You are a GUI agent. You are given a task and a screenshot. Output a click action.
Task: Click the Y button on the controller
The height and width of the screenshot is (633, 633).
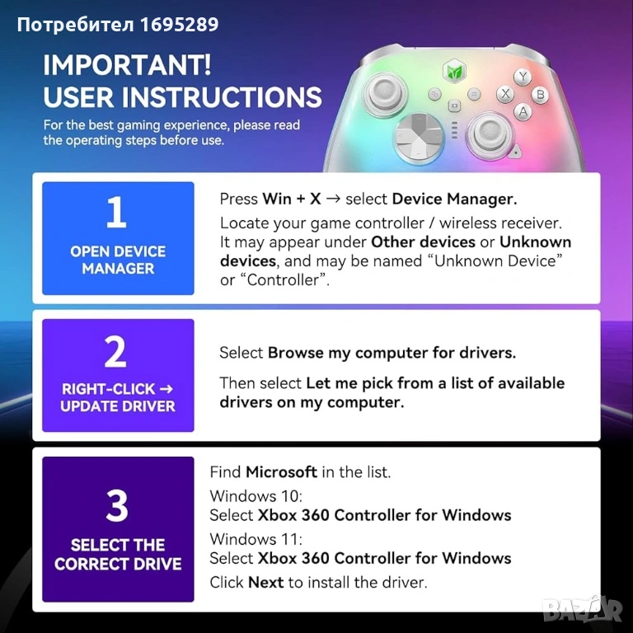coord(523,77)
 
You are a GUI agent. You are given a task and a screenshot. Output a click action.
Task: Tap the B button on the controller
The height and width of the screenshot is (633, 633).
coord(540,95)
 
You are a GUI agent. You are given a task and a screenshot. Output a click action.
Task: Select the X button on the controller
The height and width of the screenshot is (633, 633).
coord(504,94)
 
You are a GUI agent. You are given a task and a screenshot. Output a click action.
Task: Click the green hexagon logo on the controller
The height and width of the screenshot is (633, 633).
coord(454,72)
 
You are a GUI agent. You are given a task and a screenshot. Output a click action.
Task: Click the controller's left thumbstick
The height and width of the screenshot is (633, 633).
coord(384,93)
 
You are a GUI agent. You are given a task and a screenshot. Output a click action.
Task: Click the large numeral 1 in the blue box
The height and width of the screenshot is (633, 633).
coord(116,212)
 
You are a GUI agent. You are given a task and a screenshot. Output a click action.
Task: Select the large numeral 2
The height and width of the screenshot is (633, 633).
coord(115,352)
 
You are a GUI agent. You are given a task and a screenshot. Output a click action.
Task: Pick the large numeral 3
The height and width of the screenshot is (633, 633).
coord(117,505)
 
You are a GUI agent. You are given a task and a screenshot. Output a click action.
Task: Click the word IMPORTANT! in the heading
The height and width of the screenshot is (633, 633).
coord(127,64)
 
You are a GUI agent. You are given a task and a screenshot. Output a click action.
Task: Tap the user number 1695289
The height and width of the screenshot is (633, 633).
coord(179,24)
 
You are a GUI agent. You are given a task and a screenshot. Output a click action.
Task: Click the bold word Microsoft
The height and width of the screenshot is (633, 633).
coord(281,472)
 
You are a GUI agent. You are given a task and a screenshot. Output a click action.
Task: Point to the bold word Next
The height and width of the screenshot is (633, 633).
coord(265,583)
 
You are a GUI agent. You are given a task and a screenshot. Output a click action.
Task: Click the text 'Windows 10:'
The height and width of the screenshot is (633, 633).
coord(256,495)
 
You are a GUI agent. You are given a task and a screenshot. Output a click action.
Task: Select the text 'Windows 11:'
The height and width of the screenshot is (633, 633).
coord(256,539)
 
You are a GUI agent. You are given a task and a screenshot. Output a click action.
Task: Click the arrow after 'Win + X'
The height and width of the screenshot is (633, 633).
coord(333,199)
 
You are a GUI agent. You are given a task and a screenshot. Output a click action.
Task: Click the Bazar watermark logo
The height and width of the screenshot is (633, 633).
coord(582,608)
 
